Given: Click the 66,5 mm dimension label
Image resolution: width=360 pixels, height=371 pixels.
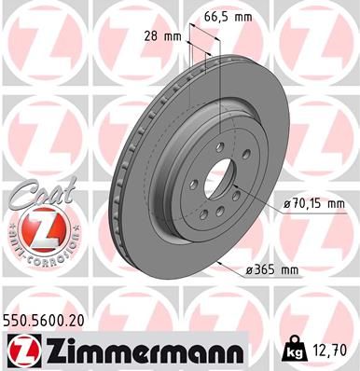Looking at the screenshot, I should point(229,18).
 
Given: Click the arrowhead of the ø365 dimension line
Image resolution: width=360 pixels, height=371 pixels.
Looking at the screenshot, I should point(215,263).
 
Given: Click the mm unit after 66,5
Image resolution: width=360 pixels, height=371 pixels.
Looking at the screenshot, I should point(245,18).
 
